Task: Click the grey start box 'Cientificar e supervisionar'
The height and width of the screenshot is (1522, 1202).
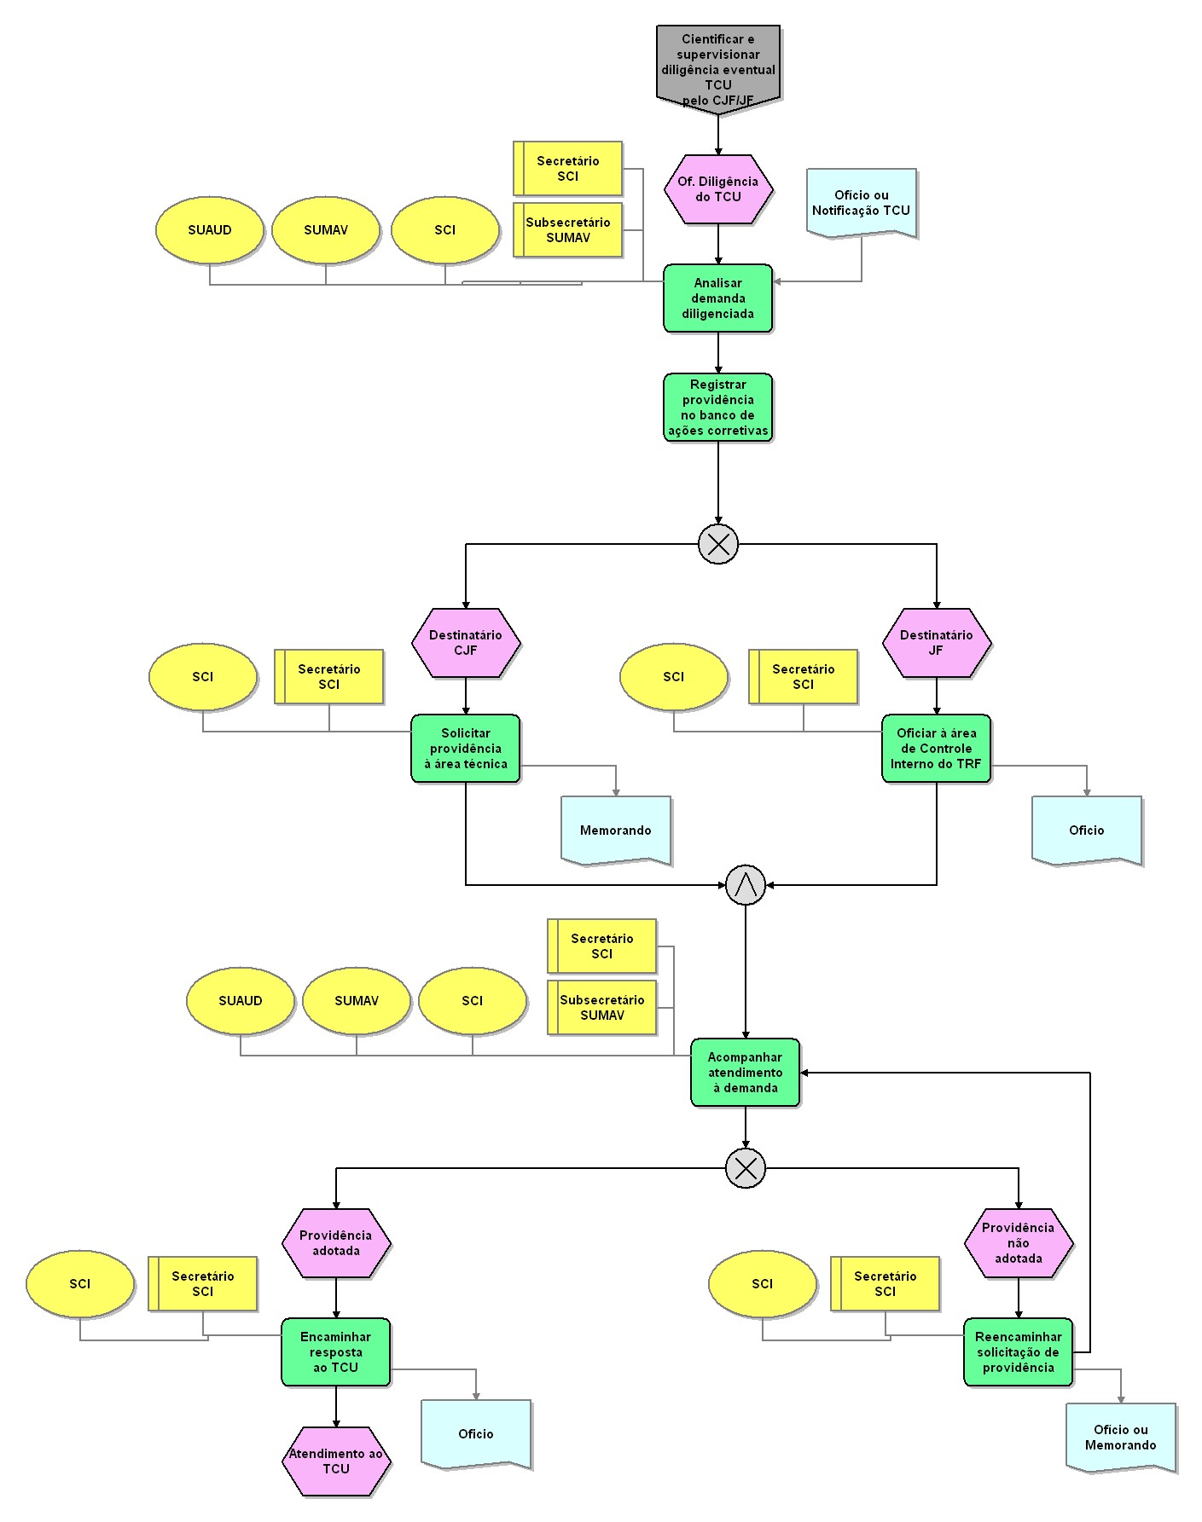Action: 718,68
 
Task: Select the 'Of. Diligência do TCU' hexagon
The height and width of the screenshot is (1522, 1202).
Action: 718,189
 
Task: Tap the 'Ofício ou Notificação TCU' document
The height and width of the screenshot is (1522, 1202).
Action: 862,203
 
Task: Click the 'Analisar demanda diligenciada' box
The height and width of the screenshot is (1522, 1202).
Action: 718,298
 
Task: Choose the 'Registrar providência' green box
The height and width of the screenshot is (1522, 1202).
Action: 718,408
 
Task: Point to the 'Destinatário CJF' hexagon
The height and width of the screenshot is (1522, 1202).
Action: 466,643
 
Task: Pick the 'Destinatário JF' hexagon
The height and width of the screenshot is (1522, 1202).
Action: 937,643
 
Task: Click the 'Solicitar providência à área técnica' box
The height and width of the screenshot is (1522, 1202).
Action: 466,749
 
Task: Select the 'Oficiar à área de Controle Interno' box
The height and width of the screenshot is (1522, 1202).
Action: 937,749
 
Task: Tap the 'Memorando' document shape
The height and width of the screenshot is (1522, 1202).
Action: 616,830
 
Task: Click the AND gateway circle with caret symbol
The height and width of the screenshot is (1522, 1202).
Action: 746,885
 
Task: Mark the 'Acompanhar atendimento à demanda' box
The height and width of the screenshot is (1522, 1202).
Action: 746,1073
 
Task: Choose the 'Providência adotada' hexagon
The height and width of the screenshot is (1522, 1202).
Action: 336,1243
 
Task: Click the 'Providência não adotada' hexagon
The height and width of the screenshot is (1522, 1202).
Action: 1019,1243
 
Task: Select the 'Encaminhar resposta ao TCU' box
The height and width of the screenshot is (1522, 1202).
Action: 336,1352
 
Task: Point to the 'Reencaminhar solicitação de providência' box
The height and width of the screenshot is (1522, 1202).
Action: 1019,1352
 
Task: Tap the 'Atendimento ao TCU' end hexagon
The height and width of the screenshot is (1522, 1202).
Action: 336,1461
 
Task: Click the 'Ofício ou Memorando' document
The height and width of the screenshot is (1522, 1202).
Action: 1121,1437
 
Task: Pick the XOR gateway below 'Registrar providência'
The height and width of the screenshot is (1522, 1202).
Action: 718,544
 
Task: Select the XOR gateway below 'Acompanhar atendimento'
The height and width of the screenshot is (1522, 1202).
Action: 746,1168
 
